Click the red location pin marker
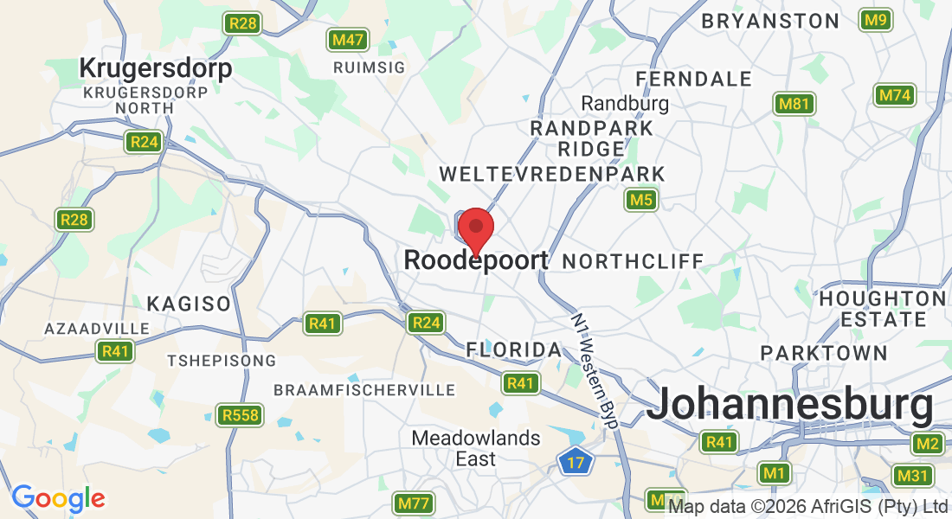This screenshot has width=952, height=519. (x=475, y=230)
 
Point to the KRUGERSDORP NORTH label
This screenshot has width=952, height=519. (x=145, y=99)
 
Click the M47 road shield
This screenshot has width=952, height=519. (x=348, y=40)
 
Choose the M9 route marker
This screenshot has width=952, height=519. (x=877, y=20)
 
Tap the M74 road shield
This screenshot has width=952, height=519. (x=895, y=95)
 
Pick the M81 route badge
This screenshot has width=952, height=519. (x=794, y=105)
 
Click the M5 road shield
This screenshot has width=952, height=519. (x=641, y=201)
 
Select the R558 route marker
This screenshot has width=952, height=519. (x=240, y=415)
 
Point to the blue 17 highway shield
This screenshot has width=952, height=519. (x=574, y=460)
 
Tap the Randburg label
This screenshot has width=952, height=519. (x=625, y=104)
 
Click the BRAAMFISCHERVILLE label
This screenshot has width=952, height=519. (x=364, y=390)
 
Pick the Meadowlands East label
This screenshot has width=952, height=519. (x=476, y=448)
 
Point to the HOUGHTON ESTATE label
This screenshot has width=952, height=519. (x=883, y=309)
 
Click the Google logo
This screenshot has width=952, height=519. (x=58, y=498)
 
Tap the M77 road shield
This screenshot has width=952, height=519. (x=415, y=503)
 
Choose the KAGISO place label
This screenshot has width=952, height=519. (x=189, y=304)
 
